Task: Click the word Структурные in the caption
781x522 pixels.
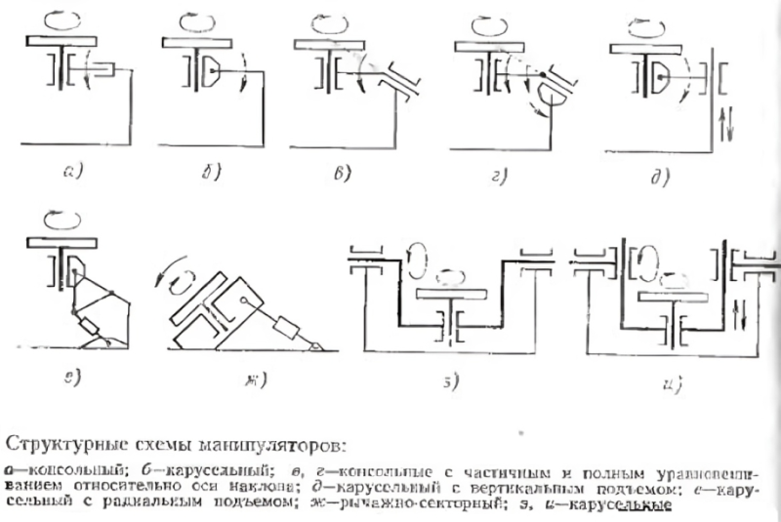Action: click(67, 448)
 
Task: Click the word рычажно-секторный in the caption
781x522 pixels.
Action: click(427, 503)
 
